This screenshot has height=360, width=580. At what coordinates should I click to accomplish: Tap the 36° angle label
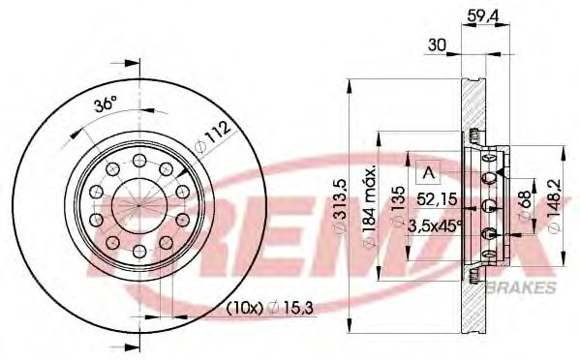[x=106, y=104]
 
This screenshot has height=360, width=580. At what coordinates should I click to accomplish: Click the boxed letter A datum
[x=425, y=173]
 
